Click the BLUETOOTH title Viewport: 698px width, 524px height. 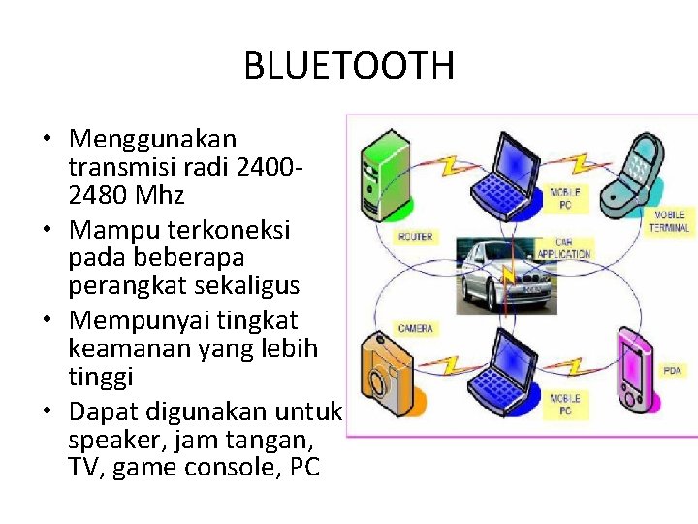pyautogui.click(x=348, y=66)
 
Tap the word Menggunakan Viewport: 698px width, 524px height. pyautogui.click(x=152, y=140)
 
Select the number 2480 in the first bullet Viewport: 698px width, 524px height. pyautogui.click(x=98, y=195)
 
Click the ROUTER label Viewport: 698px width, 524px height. pyautogui.click(x=415, y=236)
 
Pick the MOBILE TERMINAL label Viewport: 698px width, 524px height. pyautogui.click(x=669, y=221)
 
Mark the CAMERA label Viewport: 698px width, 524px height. pyautogui.click(x=415, y=328)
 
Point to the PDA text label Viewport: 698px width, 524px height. pyautogui.click(x=672, y=371)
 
